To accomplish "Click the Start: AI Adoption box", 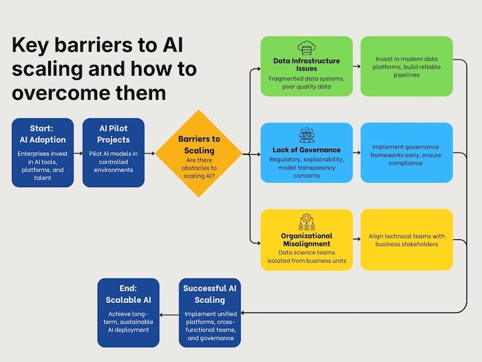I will (43, 152).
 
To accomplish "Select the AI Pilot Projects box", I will (114, 152).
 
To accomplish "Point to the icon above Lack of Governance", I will (307, 135).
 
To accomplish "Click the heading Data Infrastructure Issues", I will (307, 65).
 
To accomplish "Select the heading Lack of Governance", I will (307, 149).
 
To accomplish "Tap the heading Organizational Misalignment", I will (307, 240).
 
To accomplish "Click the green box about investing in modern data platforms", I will (406, 66).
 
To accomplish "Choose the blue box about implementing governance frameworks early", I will (406, 152).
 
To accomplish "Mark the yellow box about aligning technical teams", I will (406, 240).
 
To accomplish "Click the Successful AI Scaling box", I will (210, 312).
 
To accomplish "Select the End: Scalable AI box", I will (129, 312).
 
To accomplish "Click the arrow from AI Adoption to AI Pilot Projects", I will (78, 153).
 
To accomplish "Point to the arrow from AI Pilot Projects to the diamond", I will (149, 153).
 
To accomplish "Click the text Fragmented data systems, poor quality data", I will (307, 82).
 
